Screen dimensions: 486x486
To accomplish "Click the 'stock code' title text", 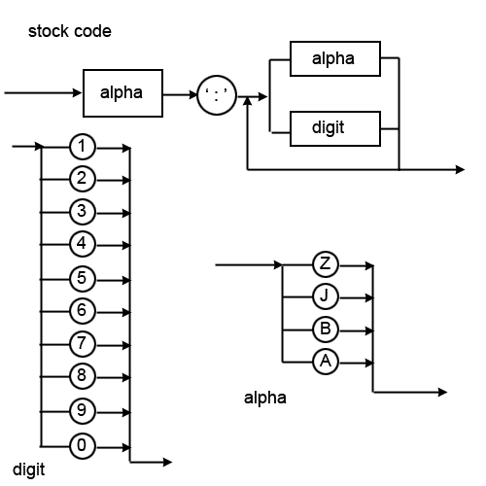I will [69, 31].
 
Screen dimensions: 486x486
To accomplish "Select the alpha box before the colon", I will [121, 93].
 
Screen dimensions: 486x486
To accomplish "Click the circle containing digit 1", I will [84, 147].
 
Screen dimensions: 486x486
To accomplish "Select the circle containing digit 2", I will [84, 178].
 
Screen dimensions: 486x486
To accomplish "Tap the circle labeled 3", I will [84, 211].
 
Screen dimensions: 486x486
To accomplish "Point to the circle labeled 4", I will [84, 243].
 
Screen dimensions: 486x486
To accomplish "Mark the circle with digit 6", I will [84, 311].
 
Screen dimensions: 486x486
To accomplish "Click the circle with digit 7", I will [84, 343].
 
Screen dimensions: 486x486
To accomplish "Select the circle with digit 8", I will [84, 375].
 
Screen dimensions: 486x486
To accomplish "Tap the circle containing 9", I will [84, 409].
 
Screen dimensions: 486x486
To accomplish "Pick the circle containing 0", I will [84, 445].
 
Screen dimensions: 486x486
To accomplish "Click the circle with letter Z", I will [326, 263].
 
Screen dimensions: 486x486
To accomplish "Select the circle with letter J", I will [326, 295].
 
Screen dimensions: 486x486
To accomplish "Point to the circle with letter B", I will [326, 329].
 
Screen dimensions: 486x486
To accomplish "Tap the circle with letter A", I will [326, 362].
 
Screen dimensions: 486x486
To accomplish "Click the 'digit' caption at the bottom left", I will [29, 469].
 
